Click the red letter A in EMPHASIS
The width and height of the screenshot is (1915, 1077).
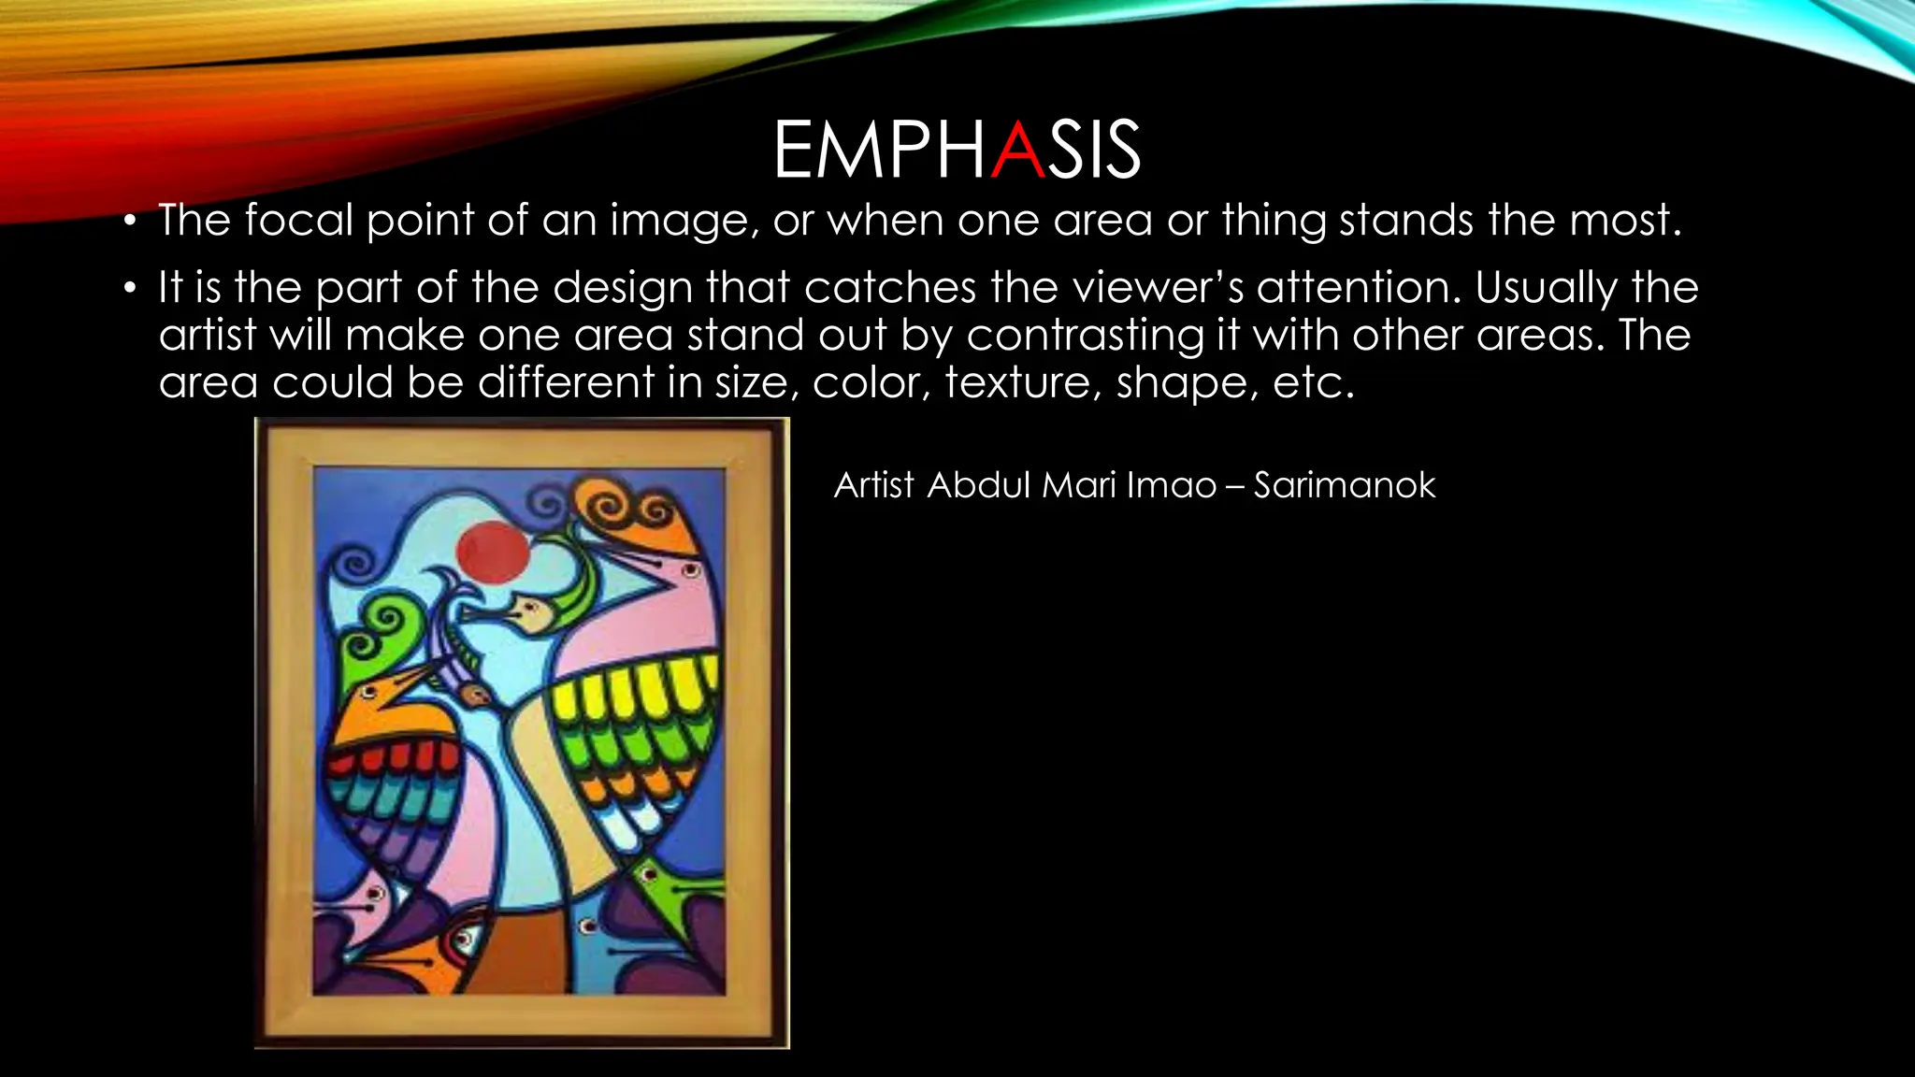1017,150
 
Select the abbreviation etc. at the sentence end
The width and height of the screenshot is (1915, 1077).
1314,382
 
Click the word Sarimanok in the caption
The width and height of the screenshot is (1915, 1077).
1344,485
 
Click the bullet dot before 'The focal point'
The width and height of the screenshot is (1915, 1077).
131,223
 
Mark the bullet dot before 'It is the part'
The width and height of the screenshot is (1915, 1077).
131,288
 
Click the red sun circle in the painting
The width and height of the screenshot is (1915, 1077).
493,550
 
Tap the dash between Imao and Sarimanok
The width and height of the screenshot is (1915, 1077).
1234,486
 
